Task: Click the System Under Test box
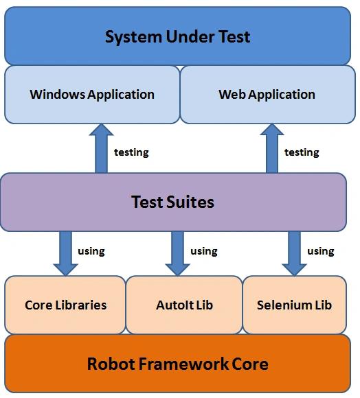177,36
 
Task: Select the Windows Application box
92,95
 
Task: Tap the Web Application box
267,95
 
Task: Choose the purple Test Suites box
173,202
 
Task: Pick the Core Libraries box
65,305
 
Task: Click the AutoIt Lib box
184,305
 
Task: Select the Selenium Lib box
295,305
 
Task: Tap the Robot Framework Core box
177,364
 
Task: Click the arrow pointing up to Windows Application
101,148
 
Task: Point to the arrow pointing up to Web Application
272,148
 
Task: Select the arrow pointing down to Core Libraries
65,253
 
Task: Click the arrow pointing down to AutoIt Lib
177,253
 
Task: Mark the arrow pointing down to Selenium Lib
295,253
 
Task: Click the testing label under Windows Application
131,152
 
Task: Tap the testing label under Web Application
302,152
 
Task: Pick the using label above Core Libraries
91,251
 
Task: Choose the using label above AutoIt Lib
204,251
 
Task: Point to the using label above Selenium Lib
321,251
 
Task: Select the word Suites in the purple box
190,202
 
